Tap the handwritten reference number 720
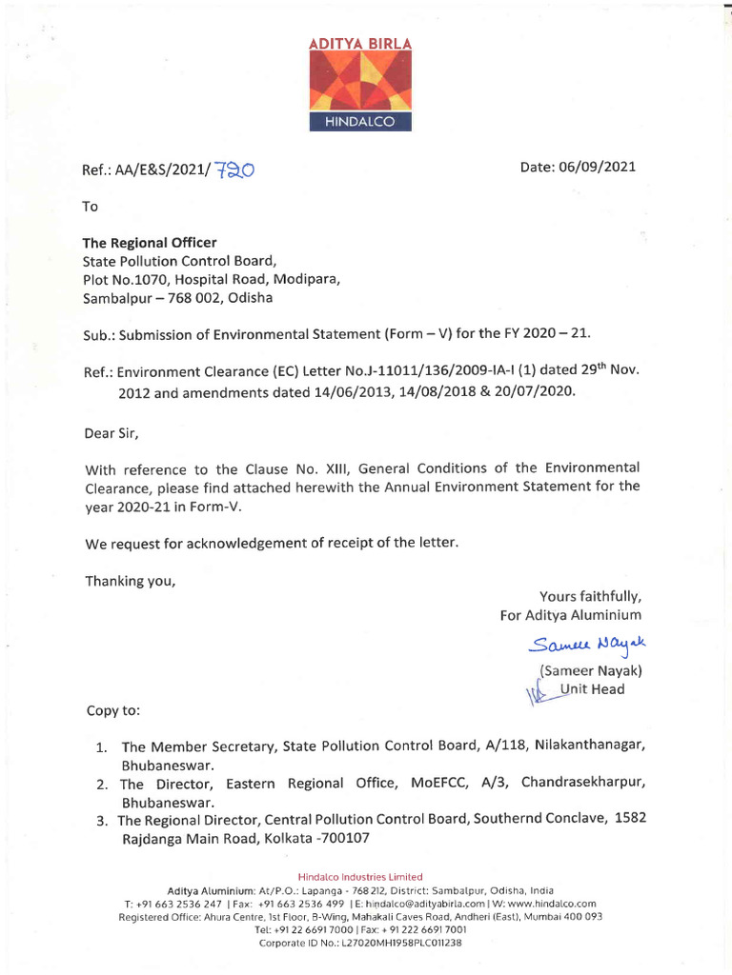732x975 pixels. pos(234,169)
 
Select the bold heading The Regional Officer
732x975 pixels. pos(150,243)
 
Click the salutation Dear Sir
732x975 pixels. pos(112,434)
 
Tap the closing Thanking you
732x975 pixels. pos(131,580)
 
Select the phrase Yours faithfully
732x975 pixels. pos(590,597)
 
